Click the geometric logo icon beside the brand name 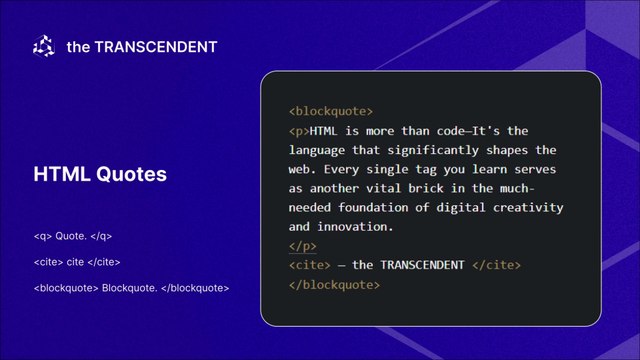[44, 46]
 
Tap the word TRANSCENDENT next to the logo [156, 47]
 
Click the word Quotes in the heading [131, 174]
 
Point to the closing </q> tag [101, 236]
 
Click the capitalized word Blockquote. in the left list [129, 288]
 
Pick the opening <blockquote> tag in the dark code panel [331, 111]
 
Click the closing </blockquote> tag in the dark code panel [334, 285]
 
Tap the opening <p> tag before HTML [299, 131]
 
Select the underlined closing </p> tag [302, 247]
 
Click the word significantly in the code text [433, 151]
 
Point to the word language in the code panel [317, 151]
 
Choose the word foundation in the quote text [373, 207]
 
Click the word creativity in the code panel [528, 208]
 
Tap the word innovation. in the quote [356, 227]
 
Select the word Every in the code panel [341, 170]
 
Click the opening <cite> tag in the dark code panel [310, 265]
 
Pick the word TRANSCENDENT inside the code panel [422, 265]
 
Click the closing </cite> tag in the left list [104, 262]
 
